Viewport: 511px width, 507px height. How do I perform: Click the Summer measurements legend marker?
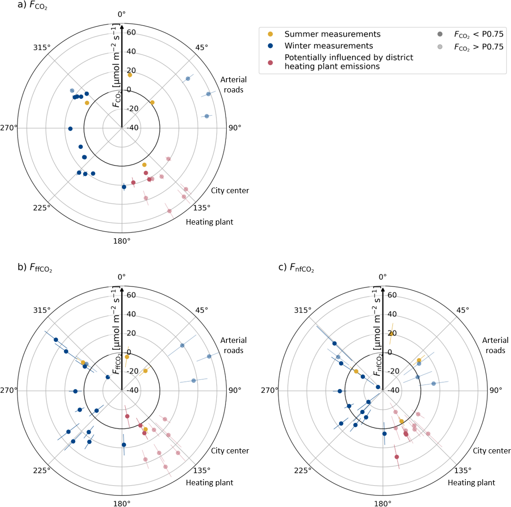coord(271,34)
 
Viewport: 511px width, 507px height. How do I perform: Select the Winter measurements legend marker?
coord(271,46)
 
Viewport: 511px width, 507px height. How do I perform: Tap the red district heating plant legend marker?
coord(271,62)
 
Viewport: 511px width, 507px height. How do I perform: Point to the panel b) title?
coord(35,267)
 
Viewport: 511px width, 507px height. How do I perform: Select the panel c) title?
coord(296,267)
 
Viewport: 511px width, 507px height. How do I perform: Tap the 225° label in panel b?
coord(42,470)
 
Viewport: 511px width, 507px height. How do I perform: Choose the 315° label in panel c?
coord(303,310)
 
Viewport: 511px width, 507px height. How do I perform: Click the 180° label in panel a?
coord(122,241)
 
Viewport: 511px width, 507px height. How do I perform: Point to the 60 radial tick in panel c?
coord(392,295)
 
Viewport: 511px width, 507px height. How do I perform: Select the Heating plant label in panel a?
coord(209,222)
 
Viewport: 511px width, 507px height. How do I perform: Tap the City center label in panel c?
coord(492,451)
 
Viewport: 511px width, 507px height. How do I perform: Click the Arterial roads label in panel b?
coord(233,345)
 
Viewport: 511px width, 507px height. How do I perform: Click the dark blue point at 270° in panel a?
coord(70,129)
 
